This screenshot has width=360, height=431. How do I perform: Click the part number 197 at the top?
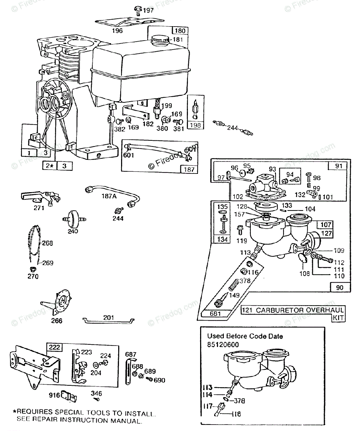pyautogui.click(x=148, y=10)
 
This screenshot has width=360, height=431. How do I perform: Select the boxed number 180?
pyautogui.click(x=180, y=31)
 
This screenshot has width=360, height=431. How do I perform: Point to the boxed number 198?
pyautogui.click(x=195, y=125)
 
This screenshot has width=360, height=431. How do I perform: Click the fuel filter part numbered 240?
pyautogui.click(x=74, y=219)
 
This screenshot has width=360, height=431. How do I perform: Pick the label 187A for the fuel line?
pyautogui.click(x=109, y=196)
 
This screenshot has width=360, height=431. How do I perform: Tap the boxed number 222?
pyautogui.click(x=54, y=347)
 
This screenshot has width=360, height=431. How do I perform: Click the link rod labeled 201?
pyautogui.click(x=109, y=321)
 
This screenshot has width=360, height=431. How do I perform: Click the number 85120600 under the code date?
pyautogui.click(x=223, y=345)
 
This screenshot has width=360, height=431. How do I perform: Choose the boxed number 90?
pyautogui.click(x=340, y=288)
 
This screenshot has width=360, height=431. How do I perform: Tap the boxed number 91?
pyautogui.click(x=339, y=166)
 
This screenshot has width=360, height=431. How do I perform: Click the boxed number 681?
pyautogui.click(x=215, y=314)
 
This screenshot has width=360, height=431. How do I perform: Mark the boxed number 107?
pyautogui.click(x=326, y=224)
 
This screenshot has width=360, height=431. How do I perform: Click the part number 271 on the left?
pyautogui.click(x=39, y=208)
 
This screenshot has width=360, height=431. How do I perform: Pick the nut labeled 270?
pyautogui.click(x=33, y=269)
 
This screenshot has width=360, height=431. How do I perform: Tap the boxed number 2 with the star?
pyautogui.click(x=50, y=166)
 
